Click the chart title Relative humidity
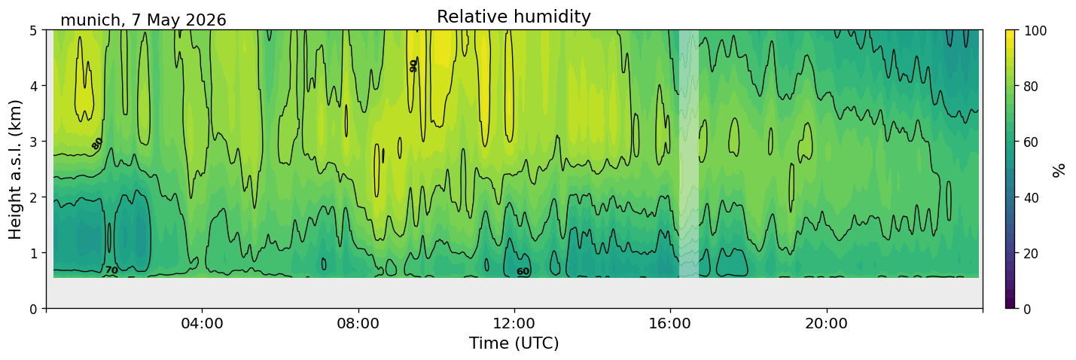pyautogui.click(x=514, y=17)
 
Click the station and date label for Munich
pyautogui.click(x=143, y=20)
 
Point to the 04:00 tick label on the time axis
pyautogui.click(x=203, y=323)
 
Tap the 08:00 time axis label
pyautogui.click(x=358, y=323)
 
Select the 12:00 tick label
pyautogui.click(x=514, y=323)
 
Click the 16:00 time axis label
pyautogui.click(x=671, y=323)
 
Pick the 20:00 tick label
pyautogui.click(x=827, y=323)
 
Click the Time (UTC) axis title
pyautogui.click(x=514, y=343)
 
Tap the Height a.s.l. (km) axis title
pyautogui.click(x=15, y=169)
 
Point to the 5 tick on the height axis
pyautogui.click(x=34, y=31)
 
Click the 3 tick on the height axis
pyautogui.click(x=34, y=142)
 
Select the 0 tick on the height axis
pyautogui.click(x=34, y=309)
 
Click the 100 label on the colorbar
pyautogui.click(x=1035, y=31)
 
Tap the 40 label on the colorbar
pyautogui.click(x=1032, y=197)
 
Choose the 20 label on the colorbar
pyautogui.click(x=1032, y=253)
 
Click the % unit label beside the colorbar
pyautogui.click(x=1059, y=170)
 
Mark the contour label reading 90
pyautogui.click(x=413, y=66)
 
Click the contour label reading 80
pyautogui.click(x=97, y=143)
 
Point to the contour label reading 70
pyautogui.click(x=111, y=270)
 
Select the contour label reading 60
pyautogui.click(x=523, y=272)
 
